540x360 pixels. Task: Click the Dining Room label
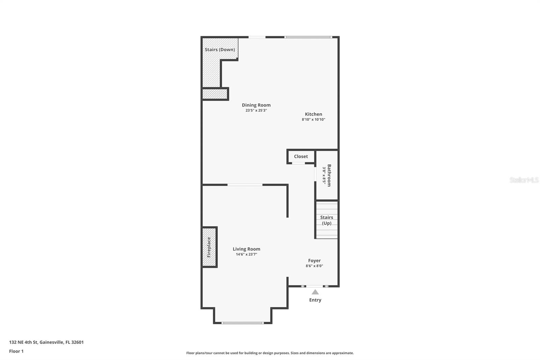[x=256, y=105]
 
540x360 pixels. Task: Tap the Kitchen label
[x=314, y=114]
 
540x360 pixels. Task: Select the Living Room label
[x=246, y=249]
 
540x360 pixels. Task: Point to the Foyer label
[x=314, y=261]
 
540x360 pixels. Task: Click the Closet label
[x=301, y=156]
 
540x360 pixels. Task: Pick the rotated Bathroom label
[x=329, y=175]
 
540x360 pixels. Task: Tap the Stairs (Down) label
[x=220, y=50]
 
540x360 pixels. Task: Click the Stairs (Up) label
[x=326, y=220]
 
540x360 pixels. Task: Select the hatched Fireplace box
[x=209, y=247]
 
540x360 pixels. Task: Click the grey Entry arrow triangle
[x=315, y=292]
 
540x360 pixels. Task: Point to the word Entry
[x=315, y=300]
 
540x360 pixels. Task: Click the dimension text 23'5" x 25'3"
[x=256, y=110]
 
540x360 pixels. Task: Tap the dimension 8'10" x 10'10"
[x=314, y=120]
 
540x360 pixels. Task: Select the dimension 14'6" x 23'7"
[x=246, y=255]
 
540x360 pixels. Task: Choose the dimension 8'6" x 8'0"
[x=314, y=266]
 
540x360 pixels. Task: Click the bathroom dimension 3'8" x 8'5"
[x=324, y=175]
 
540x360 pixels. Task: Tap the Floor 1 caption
[x=16, y=351]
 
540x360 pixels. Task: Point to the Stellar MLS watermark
[x=524, y=180]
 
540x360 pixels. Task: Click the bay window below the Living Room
[x=242, y=323]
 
